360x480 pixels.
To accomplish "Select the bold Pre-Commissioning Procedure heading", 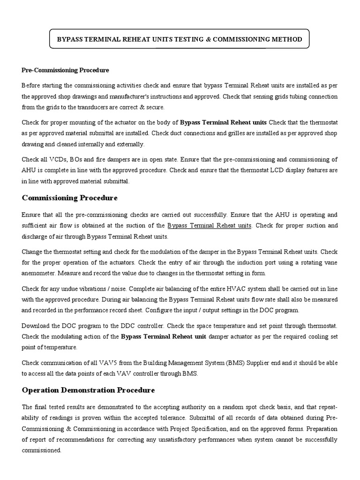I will (x=65, y=70).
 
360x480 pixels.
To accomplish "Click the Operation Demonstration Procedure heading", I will (x=88, y=390).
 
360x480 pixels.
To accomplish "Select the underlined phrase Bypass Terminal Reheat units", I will (x=209, y=225).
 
